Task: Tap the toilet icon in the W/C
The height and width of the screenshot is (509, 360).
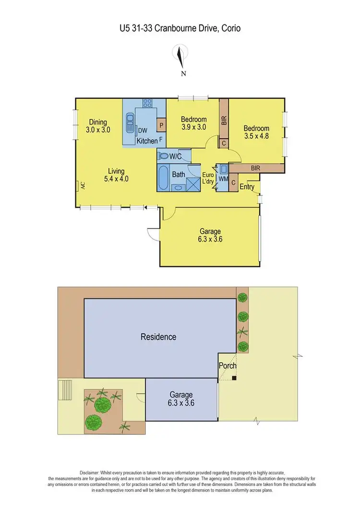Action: click(x=162, y=156)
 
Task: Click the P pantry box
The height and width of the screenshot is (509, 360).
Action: click(x=161, y=125)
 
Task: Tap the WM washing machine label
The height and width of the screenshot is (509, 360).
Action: click(x=223, y=179)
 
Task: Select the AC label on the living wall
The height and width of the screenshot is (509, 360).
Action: click(x=82, y=185)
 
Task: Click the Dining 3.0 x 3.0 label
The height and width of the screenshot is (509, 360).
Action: click(x=97, y=126)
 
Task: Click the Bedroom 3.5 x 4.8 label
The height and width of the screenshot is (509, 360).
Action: click(x=256, y=132)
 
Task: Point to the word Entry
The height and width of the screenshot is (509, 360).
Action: click(x=247, y=187)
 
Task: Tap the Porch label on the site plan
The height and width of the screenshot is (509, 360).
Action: click(x=228, y=365)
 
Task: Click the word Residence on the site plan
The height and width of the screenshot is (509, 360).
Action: click(x=158, y=337)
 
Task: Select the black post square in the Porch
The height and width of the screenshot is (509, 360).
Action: click(x=234, y=378)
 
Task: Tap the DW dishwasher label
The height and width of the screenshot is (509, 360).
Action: click(x=143, y=131)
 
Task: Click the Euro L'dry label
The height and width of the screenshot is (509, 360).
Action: click(x=207, y=179)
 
